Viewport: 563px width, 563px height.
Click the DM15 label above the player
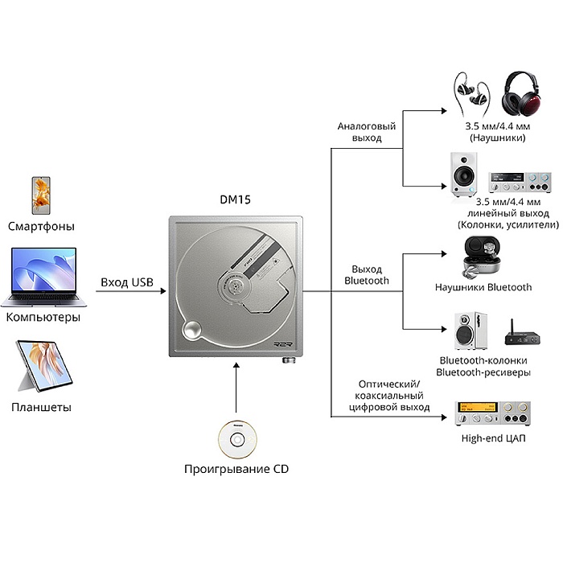click(x=235, y=199)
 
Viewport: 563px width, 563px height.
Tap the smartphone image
click(x=41, y=195)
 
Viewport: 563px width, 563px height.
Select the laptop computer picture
click(x=43, y=277)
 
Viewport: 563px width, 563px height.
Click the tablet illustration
click(x=44, y=366)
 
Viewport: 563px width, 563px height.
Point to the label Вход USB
click(x=127, y=282)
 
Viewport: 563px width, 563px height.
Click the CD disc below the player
click(x=237, y=439)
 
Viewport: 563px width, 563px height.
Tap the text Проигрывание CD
click(x=236, y=469)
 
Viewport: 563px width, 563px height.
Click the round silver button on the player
click(x=192, y=330)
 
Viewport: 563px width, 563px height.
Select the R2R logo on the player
click(x=283, y=344)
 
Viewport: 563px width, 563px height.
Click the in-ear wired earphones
click(x=471, y=94)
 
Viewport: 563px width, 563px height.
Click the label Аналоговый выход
click(x=367, y=132)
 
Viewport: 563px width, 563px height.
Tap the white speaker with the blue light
click(x=464, y=175)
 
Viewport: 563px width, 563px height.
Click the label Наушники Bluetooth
click(x=483, y=287)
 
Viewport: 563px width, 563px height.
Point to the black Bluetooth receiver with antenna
click(x=523, y=334)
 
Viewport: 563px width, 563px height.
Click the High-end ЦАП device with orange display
click(x=492, y=413)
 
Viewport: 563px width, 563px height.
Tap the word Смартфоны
click(x=41, y=226)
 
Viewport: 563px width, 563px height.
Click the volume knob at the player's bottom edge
click(x=289, y=360)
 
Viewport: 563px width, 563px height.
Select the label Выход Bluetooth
click(x=367, y=275)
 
